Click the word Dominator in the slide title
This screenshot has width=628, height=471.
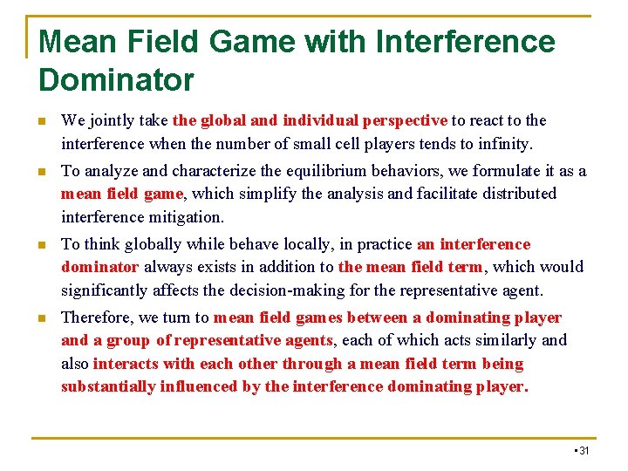[x=116, y=79]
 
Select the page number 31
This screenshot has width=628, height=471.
[x=584, y=450]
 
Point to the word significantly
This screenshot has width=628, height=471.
[x=108, y=290]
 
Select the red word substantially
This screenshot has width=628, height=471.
[x=108, y=386]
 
